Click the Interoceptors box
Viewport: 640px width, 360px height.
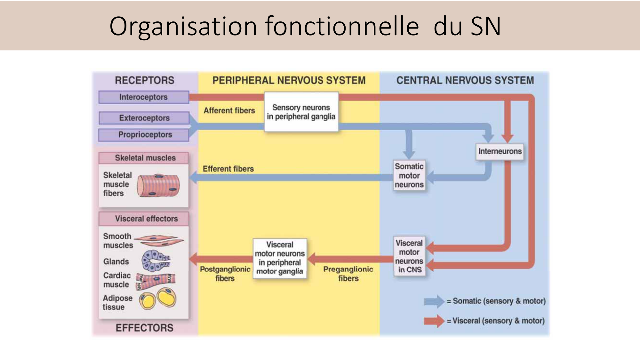[x=144, y=97]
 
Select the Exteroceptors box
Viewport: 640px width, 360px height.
[x=144, y=118]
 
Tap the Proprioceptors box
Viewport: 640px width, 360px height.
[x=144, y=135]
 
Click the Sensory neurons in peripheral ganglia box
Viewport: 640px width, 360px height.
[x=301, y=112]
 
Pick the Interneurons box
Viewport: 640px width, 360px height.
[x=500, y=151]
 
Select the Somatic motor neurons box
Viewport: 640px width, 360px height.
[x=409, y=175]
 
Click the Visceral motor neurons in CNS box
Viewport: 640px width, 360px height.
[x=409, y=256]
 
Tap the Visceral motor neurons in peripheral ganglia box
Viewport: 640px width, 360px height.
[x=280, y=258]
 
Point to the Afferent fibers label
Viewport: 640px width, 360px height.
[x=229, y=111]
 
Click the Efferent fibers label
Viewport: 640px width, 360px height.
[x=228, y=169]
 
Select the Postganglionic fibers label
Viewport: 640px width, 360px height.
[x=225, y=274]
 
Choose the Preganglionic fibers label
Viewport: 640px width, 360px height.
[x=348, y=274]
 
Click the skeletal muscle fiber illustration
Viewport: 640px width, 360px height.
[x=158, y=185]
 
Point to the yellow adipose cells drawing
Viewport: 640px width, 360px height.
[x=158, y=298]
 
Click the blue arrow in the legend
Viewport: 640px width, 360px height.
[x=434, y=301]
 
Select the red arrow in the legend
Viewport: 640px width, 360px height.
[x=434, y=321]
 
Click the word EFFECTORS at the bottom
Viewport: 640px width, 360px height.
[x=144, y=328]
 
